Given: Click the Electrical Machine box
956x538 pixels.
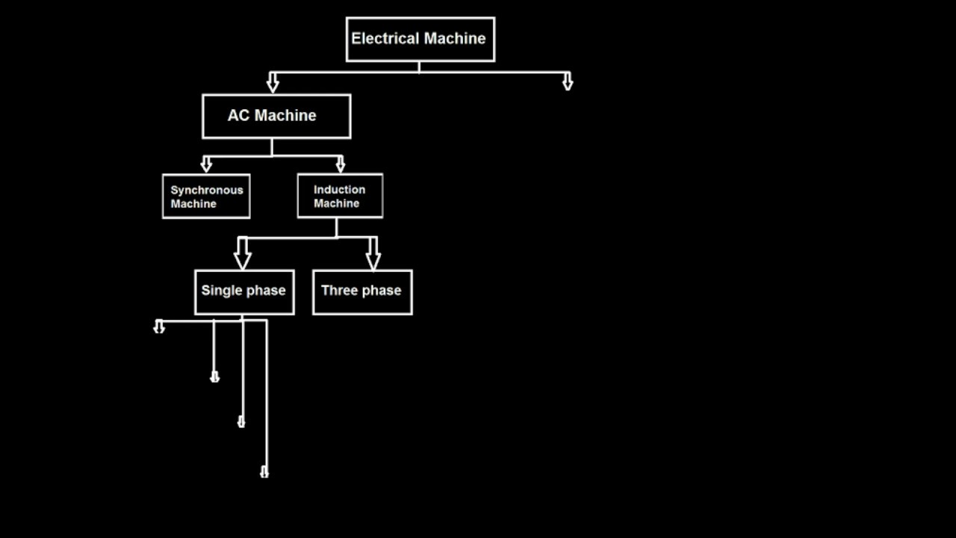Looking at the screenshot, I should point(420,39).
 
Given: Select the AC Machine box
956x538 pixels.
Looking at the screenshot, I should point(276,116).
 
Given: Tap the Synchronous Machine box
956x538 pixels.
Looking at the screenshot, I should point(206,197).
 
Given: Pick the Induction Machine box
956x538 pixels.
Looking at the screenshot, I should point(340,196).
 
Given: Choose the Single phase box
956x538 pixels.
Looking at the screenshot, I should point(243,291).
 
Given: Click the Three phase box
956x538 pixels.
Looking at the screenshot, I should point(361,291).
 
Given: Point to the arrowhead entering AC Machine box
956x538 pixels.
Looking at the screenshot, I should point(273,84).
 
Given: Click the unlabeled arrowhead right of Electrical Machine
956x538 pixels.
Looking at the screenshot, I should point(568,82).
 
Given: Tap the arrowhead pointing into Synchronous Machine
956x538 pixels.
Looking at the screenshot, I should point(207,165).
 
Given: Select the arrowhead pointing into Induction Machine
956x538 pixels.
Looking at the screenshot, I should point(341,164).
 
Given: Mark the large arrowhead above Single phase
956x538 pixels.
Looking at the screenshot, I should point(242,256).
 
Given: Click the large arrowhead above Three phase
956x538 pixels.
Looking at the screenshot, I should point(373,256).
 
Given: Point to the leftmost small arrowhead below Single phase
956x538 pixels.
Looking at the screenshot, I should point(159,327).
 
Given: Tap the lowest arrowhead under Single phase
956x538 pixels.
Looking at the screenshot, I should point(264,471).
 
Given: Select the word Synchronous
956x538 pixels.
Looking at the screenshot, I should point(207,190).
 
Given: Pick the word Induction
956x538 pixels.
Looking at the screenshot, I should point(339,190).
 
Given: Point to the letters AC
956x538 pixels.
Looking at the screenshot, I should point(238,116).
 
